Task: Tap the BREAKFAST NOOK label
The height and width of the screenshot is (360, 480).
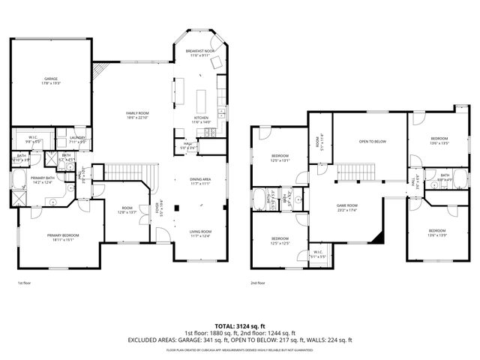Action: point(200,52)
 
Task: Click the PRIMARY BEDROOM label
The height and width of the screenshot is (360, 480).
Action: point(61,237)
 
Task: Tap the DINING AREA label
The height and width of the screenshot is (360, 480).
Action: point(199,181)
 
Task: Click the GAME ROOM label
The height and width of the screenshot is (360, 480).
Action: point(346,207)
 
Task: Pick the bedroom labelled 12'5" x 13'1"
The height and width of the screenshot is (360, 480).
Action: point(279,157)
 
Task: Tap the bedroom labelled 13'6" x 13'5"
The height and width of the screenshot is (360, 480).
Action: point(439,140)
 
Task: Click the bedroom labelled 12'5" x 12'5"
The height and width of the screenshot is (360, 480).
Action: point(279,241)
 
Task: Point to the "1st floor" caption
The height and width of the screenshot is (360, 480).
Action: point(24,283)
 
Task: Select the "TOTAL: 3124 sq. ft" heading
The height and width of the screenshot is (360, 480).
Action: point(240,326)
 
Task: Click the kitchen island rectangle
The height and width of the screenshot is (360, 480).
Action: point(201,99)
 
